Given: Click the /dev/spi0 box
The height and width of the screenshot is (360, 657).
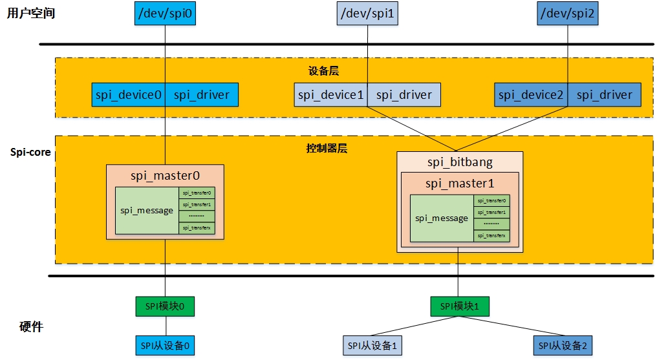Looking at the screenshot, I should pyautogui.click(x=165, y=14).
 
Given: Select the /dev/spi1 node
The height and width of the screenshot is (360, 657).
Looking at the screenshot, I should pyautogui.click(x=367, y=14).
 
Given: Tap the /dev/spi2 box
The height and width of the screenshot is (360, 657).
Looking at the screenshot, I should pyautogui.click(x=567, y=14).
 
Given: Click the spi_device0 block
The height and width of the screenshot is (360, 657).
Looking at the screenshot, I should pyautogui.click(x=128, y=95).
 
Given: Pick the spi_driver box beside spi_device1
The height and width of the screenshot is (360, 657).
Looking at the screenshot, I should pyautogui.click(x=404, y=95).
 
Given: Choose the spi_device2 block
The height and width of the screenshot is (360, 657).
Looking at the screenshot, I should pyautogui.click(x=531, y=95).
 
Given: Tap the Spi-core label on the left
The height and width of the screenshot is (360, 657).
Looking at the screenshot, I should pyautogui.click(x=30, y=153).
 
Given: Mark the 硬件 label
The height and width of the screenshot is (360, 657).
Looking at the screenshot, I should pyautogui.click(x=30, y=327).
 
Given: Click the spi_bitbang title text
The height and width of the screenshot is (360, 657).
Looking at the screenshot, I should pyautogui.click(x=459, y=162).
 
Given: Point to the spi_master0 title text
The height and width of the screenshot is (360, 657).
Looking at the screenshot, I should pyautogui.click(x=165, y=175).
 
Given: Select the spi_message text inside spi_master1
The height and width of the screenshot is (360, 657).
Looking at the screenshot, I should pyautogui.click(x=442, y=218).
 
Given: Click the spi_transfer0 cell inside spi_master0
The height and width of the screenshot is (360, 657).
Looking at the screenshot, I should pyautogui.click(x=197, y=193).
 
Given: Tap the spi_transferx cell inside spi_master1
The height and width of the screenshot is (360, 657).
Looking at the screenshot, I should pyautogui.click(x=491, y=236).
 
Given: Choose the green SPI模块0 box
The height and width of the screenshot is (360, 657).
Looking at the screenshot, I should pyautogui.click(x=165, y=306).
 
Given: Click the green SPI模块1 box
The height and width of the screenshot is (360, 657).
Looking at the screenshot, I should pyautogui.click(x=459, y=306).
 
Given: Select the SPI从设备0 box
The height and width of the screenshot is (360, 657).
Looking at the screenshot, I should pyautogui.click(x=165, y=346).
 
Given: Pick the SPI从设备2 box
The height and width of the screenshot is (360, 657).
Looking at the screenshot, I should pyautogui.click(x=563, y=346).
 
